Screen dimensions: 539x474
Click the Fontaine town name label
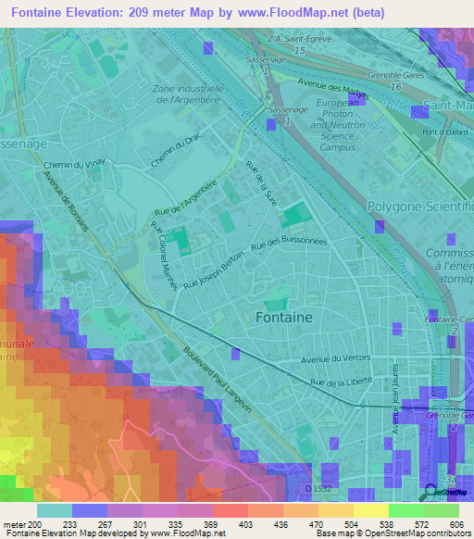[x=282, y=317]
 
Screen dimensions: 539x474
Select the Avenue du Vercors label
[x=338, y=357]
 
